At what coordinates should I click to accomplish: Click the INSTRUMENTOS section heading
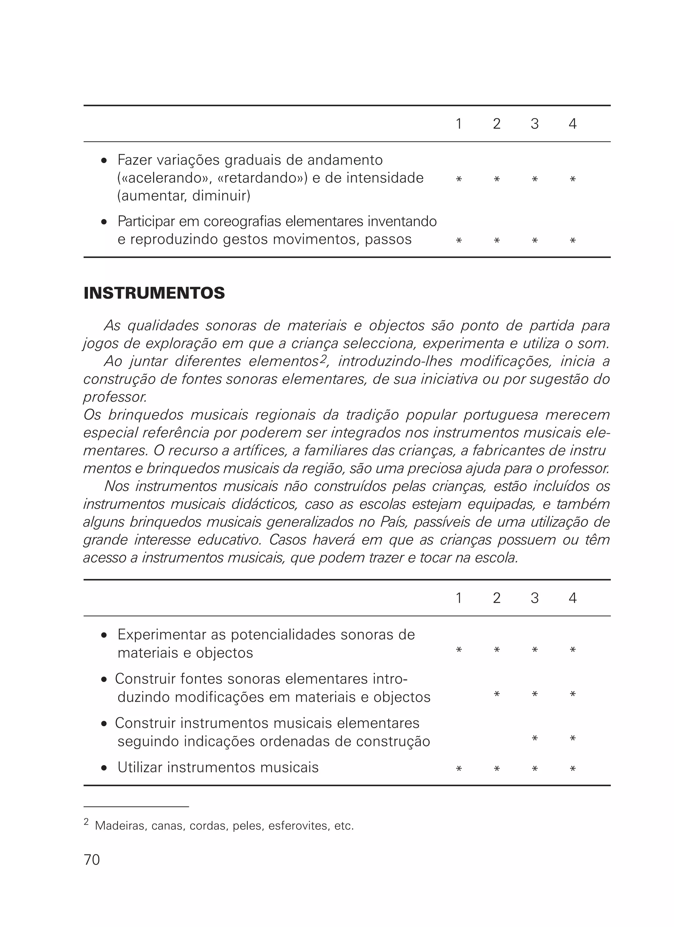click(154, 294)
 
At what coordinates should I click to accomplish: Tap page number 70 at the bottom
click(91, 860)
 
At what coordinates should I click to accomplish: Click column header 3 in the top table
click(534, 124)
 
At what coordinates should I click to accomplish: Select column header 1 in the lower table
click(458, 598)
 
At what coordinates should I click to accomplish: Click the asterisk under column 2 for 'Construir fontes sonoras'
click(497, 694)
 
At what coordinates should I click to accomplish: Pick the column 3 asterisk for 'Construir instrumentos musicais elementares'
click(534, 738)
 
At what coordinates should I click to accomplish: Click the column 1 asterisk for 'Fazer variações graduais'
click(458, 179)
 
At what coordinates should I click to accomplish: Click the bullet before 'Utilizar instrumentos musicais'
click(104, 768)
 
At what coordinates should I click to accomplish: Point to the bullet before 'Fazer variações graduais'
click(104, 161)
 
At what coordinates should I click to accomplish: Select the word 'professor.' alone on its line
click(115, 397)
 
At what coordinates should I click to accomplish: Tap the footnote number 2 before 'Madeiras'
click(86, 822)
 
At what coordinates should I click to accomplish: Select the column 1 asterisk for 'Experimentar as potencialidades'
click(458, 650)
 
